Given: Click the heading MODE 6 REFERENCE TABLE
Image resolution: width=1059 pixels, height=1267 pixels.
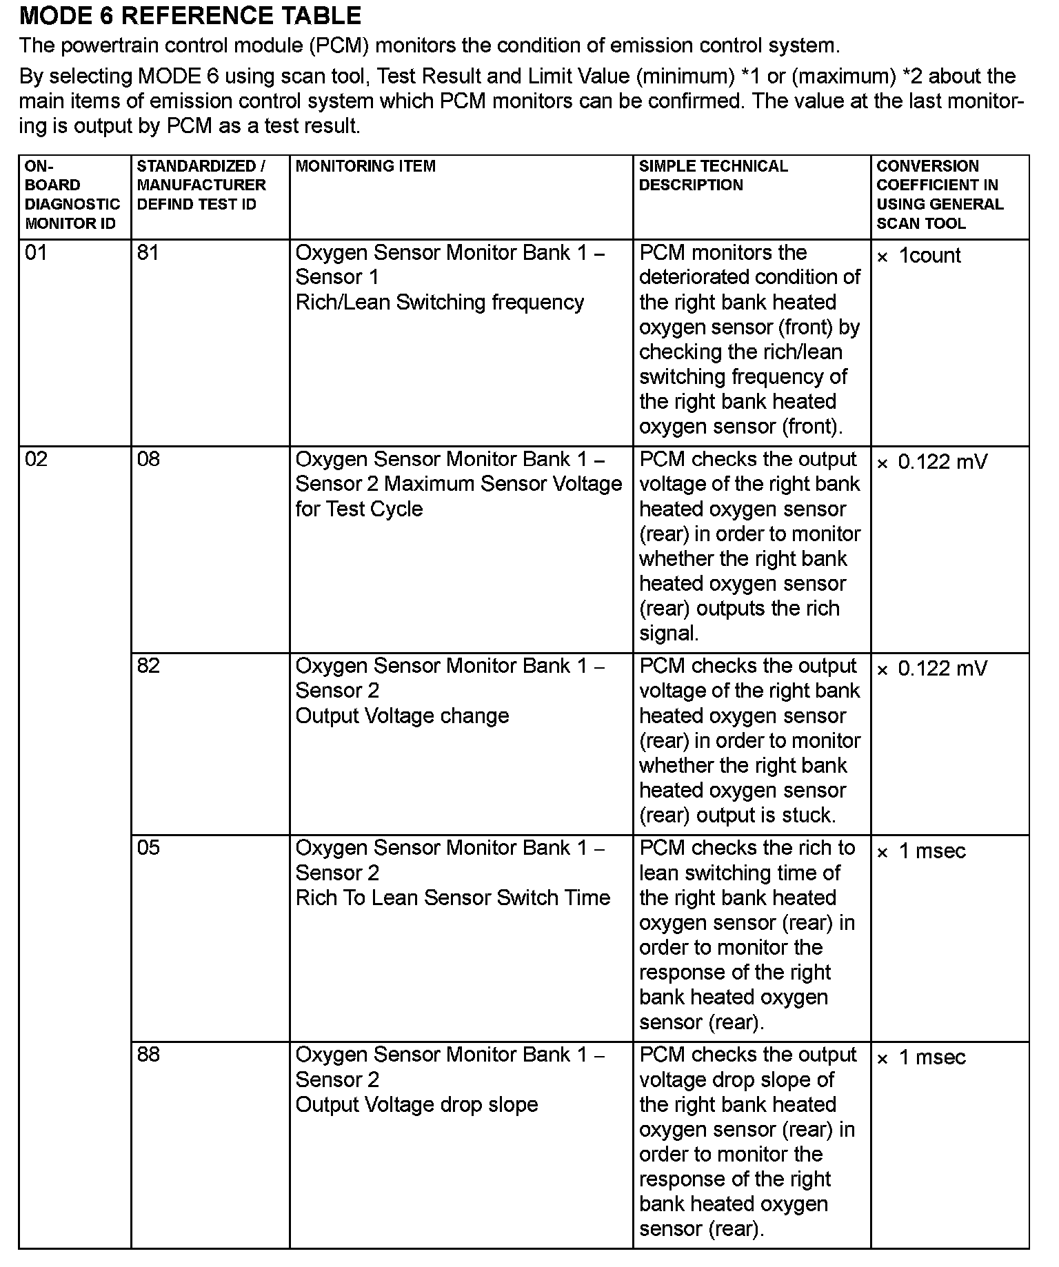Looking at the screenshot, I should (190, 16).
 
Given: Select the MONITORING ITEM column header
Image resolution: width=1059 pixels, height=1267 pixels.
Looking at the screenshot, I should (365, 166).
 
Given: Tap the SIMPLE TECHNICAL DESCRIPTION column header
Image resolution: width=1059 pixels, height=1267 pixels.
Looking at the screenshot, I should (713, 176).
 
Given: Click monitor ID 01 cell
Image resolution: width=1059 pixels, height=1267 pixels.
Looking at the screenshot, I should (36, 253).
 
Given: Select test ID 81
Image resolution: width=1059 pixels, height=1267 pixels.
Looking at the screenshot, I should (148, 253).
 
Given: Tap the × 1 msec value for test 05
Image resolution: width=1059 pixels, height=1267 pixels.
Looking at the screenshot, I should (921, 851).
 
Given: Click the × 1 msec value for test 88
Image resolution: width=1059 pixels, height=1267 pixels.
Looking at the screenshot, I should (921, 1057).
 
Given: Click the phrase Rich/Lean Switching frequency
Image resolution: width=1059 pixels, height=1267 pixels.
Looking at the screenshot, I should (439, 303).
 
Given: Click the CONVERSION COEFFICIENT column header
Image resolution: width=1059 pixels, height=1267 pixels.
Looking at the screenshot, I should (940, 195).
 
